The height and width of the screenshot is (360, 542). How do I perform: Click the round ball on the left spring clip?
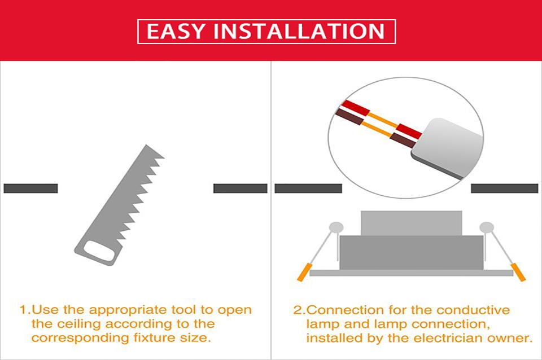336,227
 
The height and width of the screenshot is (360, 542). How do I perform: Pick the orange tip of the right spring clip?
518,272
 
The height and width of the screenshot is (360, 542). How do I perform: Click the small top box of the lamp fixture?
411,223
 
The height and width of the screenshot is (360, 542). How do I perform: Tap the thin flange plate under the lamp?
411,273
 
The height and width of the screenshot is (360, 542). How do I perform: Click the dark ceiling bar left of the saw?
30,188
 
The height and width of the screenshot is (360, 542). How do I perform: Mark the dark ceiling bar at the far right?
504,188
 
